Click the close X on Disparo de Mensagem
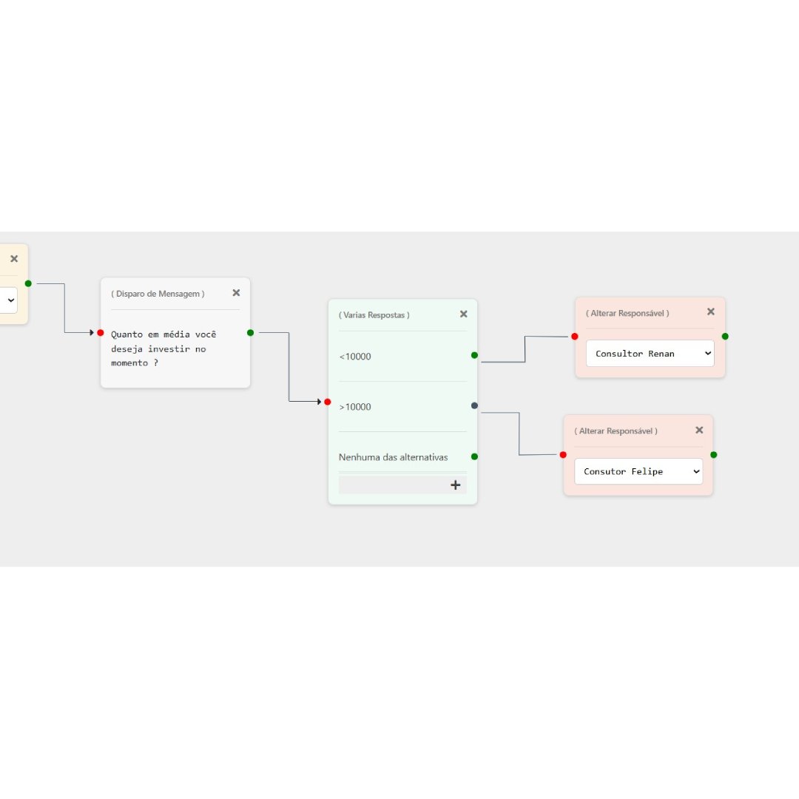pos(236,293)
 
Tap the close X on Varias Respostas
pos(464,314)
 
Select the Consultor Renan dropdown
pos(650,354)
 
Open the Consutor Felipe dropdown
pos(638,471)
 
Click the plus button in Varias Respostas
pos(455,485)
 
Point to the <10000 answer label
pos(355,357)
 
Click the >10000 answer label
pos(355,407)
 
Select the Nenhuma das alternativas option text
pos(393,457)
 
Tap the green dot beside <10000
pos(474,355)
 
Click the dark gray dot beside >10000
pos(474,405)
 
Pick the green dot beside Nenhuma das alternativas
pos(474,456)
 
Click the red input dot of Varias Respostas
pos(328,402)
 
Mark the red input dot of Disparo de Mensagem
pos(101,333)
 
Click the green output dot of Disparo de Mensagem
pos(250,333)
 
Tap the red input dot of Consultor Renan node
pos(575,337)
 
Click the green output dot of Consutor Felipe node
pos(713,455)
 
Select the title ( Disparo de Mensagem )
pos(158,294)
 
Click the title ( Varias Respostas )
pos(374,315)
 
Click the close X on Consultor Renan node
pos(711,312)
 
